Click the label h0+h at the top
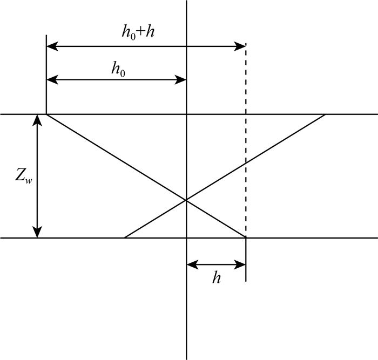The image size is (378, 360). click(138, 31)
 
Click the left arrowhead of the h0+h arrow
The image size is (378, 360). click(51, 47)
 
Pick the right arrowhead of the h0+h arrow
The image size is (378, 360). click(242, 47)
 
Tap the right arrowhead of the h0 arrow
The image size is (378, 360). click(182, 80)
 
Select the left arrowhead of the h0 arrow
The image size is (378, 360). click(51, 80)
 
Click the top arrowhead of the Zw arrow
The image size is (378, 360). click(37, 119)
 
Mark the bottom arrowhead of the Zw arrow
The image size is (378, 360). click(37, 233)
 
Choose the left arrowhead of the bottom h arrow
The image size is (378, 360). click(191, 264)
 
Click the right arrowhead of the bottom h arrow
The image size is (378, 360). click(242, 264)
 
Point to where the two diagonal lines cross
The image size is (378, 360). click(186, 200)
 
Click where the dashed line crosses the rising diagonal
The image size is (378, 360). click(246, 162)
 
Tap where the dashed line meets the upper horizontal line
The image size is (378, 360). click(246, 114)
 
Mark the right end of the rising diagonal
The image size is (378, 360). click(325, 114)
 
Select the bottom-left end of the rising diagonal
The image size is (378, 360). click(125, 237)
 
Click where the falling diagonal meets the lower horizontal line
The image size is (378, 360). click(246, 237)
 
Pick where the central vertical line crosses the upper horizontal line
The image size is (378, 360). click(186, 114)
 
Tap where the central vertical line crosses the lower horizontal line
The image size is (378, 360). click(186, 237)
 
